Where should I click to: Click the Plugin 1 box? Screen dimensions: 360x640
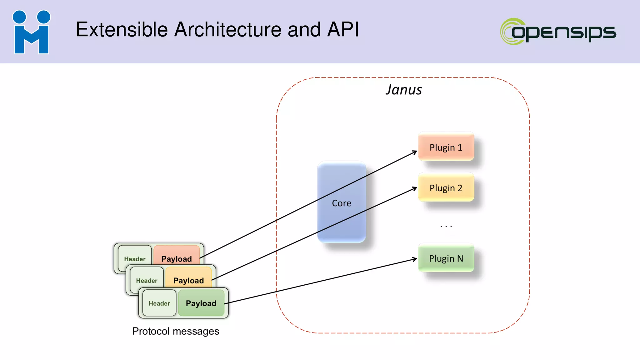[446, 147]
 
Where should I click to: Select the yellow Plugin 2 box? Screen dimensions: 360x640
[446, 187]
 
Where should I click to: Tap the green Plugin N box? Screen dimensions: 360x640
[446, 258]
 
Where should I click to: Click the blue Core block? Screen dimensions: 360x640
[342, 202]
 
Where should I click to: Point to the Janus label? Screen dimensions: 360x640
[403, 90]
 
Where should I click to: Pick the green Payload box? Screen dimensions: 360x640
[201, 303]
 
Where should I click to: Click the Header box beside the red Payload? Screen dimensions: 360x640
[135, 258]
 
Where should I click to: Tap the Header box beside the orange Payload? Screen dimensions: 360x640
[147, 280]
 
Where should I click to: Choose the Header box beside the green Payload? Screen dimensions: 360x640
[159, 303]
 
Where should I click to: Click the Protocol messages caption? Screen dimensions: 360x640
[176, 331]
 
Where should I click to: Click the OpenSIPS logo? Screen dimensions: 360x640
[558, 32]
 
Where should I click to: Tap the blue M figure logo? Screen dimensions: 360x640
[31, 32]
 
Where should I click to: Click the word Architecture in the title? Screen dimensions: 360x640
[228, 30]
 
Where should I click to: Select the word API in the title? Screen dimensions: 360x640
[343, 30]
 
